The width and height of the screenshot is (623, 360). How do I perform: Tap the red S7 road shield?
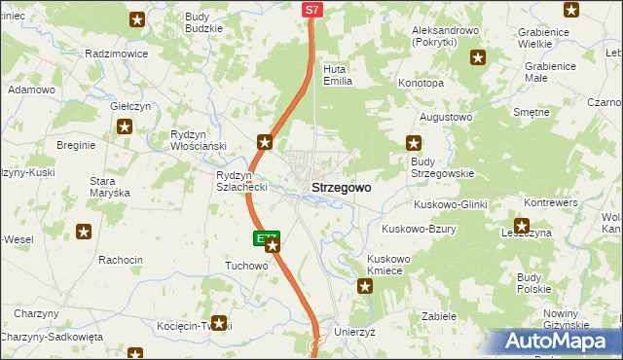[x=311, y=10]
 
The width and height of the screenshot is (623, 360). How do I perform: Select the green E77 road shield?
[x=267, y=237]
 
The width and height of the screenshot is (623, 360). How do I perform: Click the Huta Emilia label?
[x=336, y=75]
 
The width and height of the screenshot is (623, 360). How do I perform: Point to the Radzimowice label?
[x=117, y=54]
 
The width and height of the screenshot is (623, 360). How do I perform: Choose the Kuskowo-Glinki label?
[x=450, y=204]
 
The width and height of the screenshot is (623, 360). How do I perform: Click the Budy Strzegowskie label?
[x=442, y=166]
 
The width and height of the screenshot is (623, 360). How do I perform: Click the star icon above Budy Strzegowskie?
[x=413, y=143]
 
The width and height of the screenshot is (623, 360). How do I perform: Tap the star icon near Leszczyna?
[x=521, y=230]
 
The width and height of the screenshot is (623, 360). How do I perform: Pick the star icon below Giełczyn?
[x=125, y=126]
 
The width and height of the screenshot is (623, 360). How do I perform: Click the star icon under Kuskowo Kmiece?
[x=365, y=285]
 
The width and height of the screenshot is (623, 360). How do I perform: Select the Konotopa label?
[x=421, y=84]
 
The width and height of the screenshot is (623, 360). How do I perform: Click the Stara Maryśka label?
[x=109, y=187]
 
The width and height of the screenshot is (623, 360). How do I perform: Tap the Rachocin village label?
[x=121, y=260]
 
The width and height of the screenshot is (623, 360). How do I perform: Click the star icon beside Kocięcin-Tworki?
[x=220, y=324]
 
